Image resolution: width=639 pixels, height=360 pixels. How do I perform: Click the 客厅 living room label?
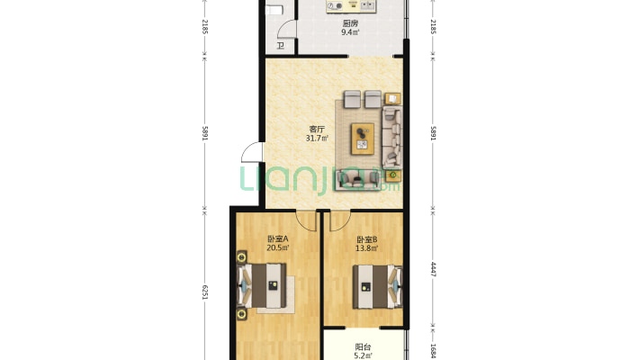(x=317, y=130)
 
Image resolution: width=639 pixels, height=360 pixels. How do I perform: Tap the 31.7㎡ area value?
(x=317, y=139)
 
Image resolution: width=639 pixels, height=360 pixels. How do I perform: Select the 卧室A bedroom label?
(x=278, y=238)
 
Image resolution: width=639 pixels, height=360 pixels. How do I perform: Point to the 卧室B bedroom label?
(x=367, y=239)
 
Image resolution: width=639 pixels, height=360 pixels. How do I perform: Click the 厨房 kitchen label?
(x=350, y=23)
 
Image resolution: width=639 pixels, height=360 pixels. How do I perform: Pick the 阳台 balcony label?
(x=363, y=347)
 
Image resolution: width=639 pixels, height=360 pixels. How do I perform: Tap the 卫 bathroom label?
(x=281, y=45)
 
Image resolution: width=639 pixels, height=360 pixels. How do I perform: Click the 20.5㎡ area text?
(x=278, y=247)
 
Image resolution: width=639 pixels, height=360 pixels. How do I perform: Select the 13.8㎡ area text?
(x=367, y=248)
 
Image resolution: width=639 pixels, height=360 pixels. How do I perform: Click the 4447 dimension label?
(x=433, y=269)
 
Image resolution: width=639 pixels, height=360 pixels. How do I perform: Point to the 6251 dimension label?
(x=205, y=292)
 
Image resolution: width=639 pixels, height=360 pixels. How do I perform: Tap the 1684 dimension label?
(x=433, y=351)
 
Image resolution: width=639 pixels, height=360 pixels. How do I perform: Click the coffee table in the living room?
(x=363, y=139)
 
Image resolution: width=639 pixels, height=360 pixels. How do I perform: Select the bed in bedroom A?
(x=262, y=285)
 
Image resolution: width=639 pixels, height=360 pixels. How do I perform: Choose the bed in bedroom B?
(x=377, y=286)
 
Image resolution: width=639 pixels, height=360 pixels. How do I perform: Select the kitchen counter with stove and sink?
(x=351, y=5)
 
